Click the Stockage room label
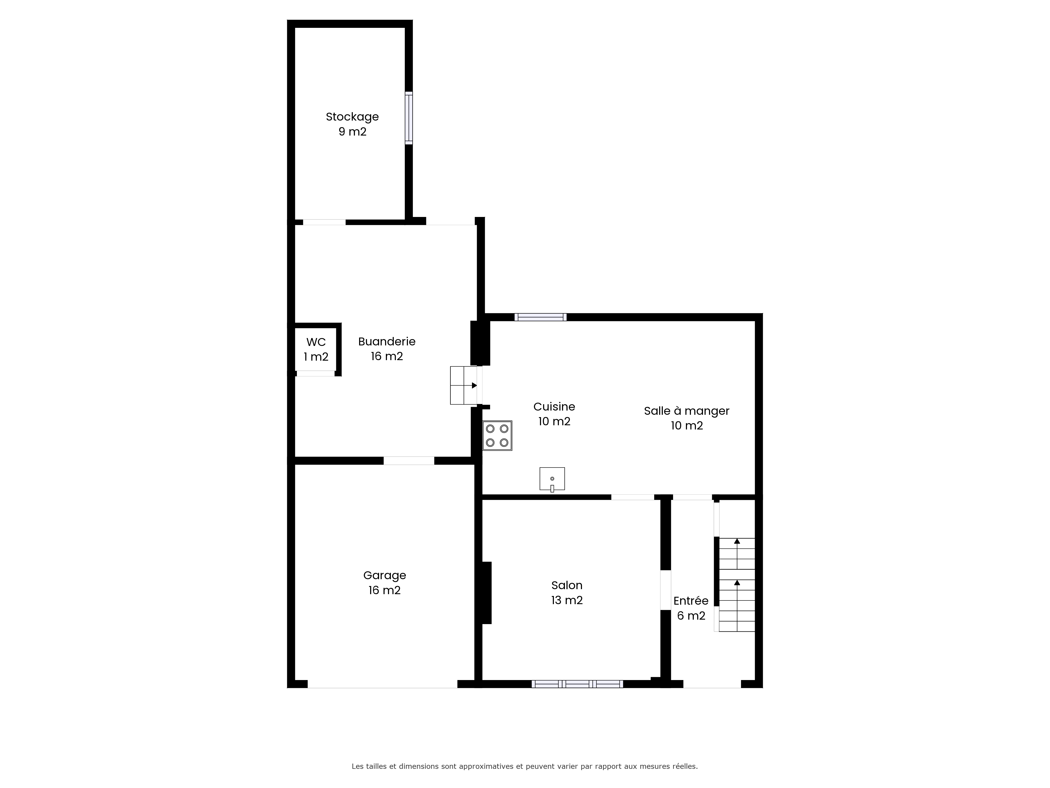click(352, 124)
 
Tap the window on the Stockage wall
click(409, 118)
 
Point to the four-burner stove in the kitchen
click(497, 436)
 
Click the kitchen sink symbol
click(552, 479)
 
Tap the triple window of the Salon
click(577, 684)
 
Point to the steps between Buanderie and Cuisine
click(464, 385)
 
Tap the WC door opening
click(316, 373)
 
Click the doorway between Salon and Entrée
click(665, 590)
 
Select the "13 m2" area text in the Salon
click(567, 600)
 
